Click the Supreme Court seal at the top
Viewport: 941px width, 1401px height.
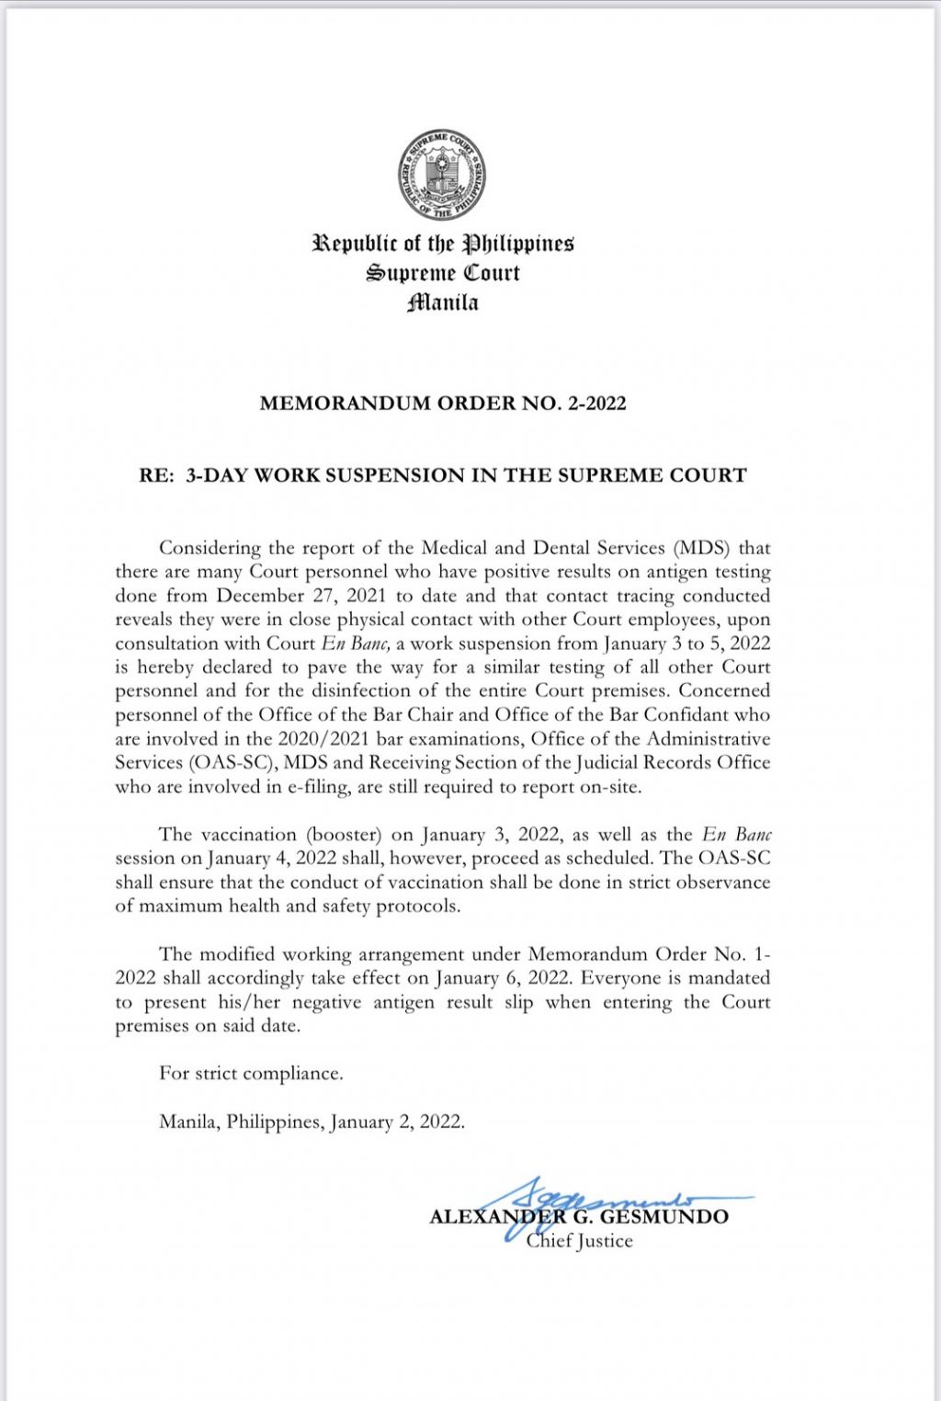[x=442, y=175]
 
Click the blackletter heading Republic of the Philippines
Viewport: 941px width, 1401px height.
[x=443, y=244]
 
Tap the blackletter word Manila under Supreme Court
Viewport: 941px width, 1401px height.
[x=443, y=302]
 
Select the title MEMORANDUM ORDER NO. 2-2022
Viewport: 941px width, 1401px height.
[x=443, y=403]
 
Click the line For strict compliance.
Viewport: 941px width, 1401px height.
[x=251, y=1073]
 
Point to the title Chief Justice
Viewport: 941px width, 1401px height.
[x=579, y=1241]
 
